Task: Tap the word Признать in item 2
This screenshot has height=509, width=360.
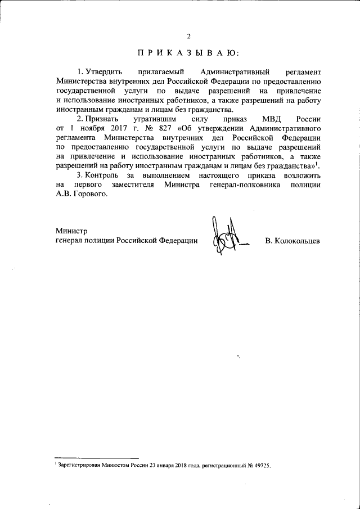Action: pos(103,120)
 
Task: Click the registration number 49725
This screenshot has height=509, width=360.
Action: pos(262,466)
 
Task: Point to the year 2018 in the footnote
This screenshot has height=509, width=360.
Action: pos(179,466)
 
